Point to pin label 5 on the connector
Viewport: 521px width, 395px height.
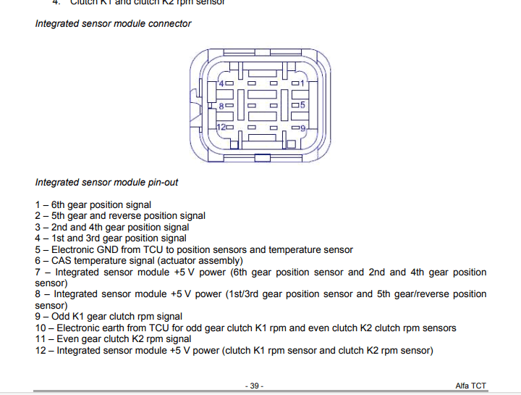click(302, 105)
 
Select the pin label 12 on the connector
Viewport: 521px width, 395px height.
click(221, 128)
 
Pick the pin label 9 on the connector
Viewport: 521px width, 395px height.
click(303, 128)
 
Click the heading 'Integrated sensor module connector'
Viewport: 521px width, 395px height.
click(113, 23)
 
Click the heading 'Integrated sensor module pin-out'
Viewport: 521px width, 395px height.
click(106, 182)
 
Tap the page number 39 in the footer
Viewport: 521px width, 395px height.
click(255, 386)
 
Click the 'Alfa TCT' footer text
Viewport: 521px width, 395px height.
click(472, 386)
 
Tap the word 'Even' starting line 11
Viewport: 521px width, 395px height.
click(69, 338)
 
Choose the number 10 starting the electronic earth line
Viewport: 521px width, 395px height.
click(41, 328)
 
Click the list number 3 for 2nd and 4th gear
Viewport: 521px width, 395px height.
click(38, 227)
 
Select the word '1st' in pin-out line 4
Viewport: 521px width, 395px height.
click(58, 238)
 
